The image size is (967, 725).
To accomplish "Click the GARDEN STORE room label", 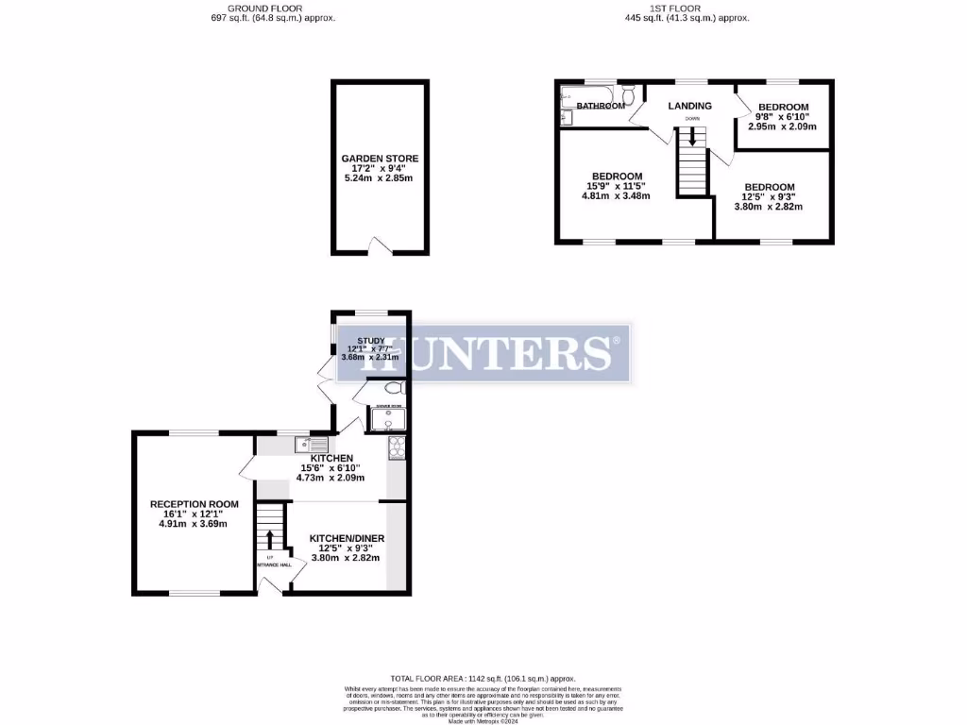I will (x=380, y=159).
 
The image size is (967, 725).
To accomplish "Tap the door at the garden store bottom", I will (x=379, y=248).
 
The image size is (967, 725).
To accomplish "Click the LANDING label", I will (x=689, y=106).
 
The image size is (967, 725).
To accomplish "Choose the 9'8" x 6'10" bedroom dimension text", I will (x=782, y=116).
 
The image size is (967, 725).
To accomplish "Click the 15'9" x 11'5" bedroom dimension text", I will (x=617, y=186).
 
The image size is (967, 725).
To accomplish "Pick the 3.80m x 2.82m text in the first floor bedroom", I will (x=769, y=207).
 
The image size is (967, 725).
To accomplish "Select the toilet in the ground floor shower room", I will (x=394, y=388).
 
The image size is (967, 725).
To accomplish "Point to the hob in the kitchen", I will (x=396, y=448).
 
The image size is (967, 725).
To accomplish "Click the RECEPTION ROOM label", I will (x=195, y=504).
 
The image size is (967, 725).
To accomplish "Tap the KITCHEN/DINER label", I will (x=347, y=538).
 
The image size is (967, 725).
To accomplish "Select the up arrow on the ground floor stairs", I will (x=270, y=538).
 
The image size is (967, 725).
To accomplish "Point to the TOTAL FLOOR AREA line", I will (x=483, y=679).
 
